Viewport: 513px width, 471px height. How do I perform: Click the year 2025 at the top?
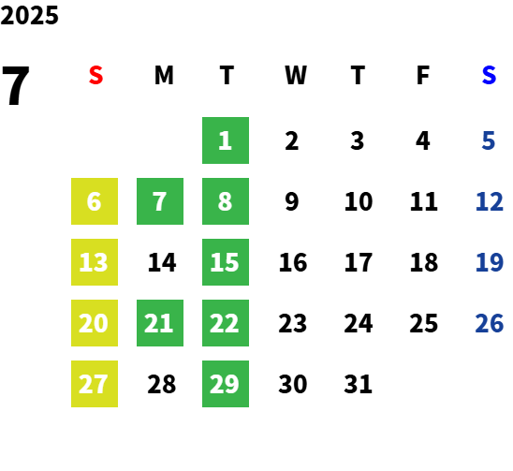29,15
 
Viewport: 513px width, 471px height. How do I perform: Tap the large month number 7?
15,85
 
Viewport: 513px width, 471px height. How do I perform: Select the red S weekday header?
95,75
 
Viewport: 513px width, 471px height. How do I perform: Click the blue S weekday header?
489,75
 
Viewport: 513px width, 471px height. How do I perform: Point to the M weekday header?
164,75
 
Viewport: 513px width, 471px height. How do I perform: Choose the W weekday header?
296,75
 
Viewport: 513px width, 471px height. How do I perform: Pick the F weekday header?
423,75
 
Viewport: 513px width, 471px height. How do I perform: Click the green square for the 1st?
226,140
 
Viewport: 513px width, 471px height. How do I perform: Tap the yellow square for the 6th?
95,201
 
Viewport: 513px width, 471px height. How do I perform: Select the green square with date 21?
160,323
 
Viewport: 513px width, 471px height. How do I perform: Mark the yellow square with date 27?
95,384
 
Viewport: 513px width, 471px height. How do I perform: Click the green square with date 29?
226,384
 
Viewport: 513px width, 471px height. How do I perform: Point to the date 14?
162,262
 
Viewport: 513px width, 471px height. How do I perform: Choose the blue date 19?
489,262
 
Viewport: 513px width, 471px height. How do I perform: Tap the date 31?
358,384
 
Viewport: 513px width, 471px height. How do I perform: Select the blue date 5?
488,140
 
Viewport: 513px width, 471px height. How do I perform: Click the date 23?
292,323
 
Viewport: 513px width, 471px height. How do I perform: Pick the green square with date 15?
226,262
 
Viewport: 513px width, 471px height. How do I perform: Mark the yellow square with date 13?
95,262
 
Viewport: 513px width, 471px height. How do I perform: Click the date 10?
359,201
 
